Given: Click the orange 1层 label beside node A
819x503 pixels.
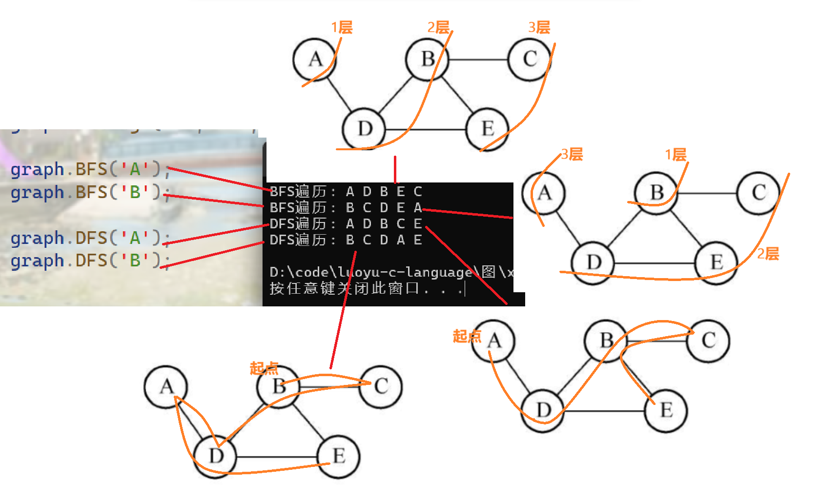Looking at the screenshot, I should tap(342, 27).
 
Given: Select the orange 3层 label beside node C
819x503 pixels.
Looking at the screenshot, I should tap(539, 27).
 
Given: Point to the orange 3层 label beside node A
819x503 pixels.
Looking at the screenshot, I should tap(572, 155).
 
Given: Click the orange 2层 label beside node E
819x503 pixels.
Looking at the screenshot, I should tap(768, 254).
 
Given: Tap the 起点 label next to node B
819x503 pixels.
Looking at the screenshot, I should tap(264, 368).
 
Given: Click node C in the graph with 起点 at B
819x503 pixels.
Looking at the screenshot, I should tap(381, 387).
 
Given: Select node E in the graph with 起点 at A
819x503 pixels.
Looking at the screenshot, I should tap(666, 410).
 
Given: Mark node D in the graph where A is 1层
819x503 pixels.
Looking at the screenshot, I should tap(364, 129).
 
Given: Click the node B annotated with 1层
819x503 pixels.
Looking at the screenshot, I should tap(656, 193).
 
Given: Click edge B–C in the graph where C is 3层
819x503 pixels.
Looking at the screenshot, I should tap(478, 60).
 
